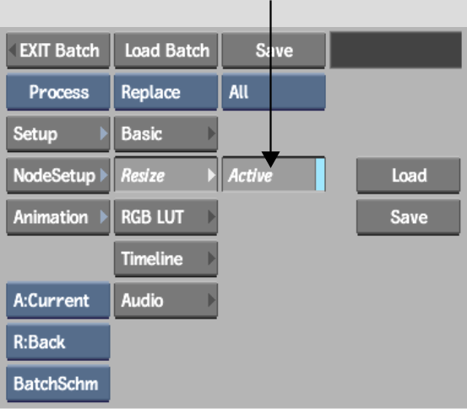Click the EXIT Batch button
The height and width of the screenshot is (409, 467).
58,51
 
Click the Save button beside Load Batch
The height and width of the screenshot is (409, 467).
274,51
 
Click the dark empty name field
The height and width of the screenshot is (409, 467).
396,50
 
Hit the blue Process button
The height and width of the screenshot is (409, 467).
58,92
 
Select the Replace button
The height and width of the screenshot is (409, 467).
166,92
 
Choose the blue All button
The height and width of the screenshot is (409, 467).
274,92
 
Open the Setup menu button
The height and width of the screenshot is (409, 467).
58,134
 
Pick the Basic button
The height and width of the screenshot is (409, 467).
166,134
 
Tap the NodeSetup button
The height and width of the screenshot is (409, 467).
58,175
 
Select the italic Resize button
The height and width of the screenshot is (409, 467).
166,175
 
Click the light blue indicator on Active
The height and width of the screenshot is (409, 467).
320,175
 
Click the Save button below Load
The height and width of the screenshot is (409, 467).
409,217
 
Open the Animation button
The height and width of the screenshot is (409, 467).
58,217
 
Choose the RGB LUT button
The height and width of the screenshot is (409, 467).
166,217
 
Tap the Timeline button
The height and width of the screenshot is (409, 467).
166,259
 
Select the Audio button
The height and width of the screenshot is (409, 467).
166,301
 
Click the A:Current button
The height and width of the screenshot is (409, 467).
58,301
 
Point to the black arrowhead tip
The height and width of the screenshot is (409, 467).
271,167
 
